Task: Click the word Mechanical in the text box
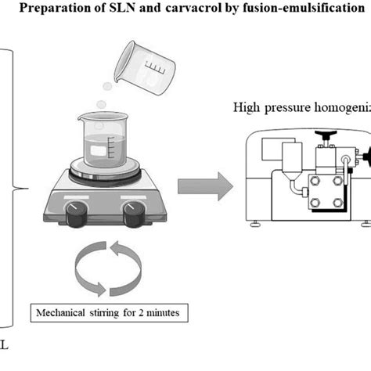pos(64,315)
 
